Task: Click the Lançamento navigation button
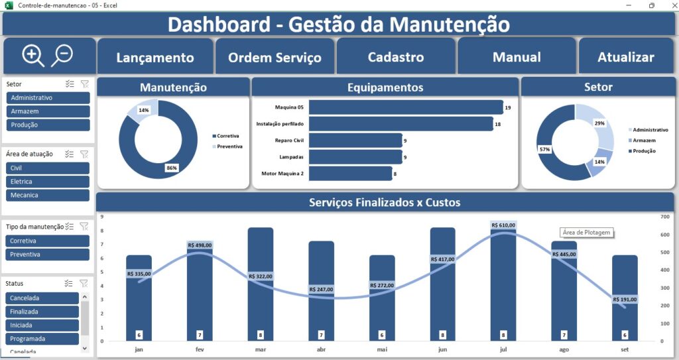tap(155, 57)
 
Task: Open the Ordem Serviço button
tap(275, 57)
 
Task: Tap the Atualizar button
tap(625, 57)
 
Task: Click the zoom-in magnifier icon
tap(32, 55)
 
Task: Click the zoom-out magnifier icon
tap(62, 54)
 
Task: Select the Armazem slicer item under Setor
tap(48, 111)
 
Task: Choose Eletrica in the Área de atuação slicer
tap(48, 182)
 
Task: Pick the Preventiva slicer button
tap(48, 255)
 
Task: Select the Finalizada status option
tap(42, 312)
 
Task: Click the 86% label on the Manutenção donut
tap(172, 168)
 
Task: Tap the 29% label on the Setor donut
tap(599, 123)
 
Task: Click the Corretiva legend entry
tap(227, 136)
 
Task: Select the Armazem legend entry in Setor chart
tap(644, 141)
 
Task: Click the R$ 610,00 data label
tap(504, 225)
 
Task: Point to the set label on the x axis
tap(625, 349)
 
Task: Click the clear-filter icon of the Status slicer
tap(84, 283)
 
